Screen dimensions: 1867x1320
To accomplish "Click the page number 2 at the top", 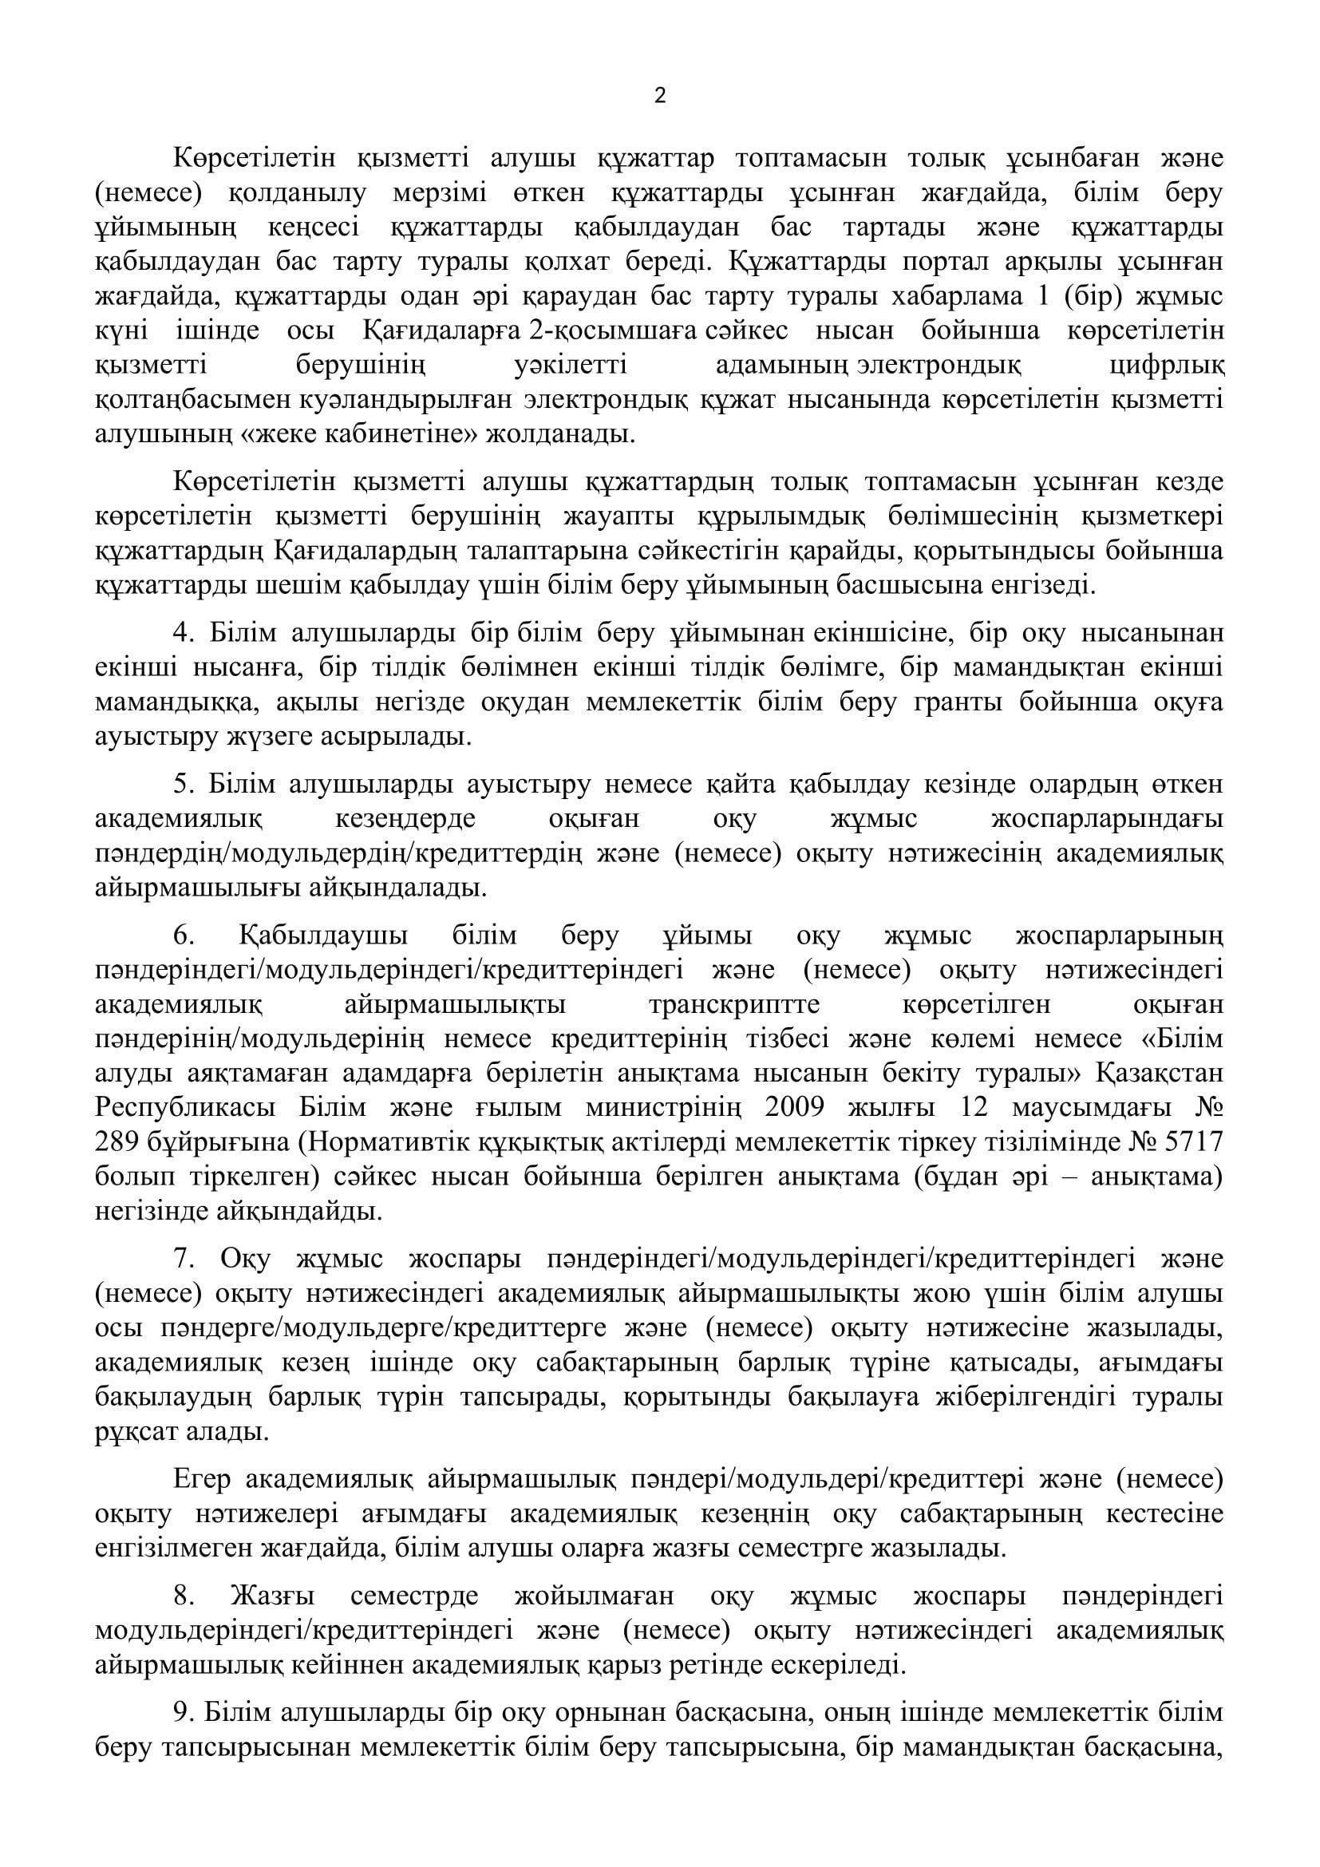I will [659, 97].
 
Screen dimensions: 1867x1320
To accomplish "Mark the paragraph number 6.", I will [183, 937].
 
